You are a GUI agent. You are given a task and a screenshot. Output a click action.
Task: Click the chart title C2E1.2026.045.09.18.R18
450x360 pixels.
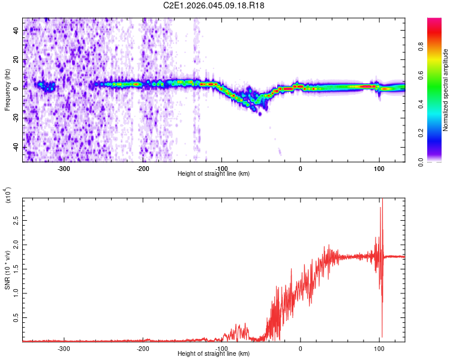[x=214, y=5]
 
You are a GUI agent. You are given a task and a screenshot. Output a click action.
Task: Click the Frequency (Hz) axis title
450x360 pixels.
[x=7, y=90]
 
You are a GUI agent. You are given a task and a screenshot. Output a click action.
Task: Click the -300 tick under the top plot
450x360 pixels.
[x=64, y=167]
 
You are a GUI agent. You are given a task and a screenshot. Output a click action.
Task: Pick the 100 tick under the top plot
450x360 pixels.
[x=379, y=167]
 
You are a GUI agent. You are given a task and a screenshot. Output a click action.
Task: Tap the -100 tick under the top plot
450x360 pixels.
[x=221, y=167]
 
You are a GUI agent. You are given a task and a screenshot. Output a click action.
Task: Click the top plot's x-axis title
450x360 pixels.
[x=214, y=173]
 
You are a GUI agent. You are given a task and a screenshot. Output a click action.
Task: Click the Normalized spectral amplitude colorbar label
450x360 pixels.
[x=445, y=90]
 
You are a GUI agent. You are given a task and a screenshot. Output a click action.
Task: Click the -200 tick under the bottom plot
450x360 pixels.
[x=143, y=347]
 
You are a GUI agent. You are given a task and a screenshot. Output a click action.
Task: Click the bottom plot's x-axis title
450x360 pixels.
[x=214, y=353]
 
